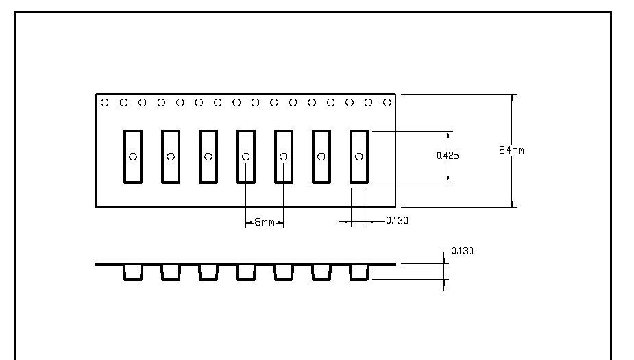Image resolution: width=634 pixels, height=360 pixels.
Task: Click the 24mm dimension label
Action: click(x=511, y=150)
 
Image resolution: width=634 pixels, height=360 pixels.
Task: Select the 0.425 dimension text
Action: click(x=448, y=156)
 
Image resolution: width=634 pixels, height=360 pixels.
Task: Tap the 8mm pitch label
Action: click(x=265, y=222)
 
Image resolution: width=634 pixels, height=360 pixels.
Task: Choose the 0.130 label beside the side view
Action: click(x=461, y=252)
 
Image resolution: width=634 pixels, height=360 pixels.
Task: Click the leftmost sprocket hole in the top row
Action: click(x=105, y=103)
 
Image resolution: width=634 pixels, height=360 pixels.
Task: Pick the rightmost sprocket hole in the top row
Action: click(x=387, y=103)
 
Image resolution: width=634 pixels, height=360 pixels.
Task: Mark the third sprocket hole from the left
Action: click(x=143, y=103)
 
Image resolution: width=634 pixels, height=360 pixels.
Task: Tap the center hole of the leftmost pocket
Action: click(x=133, y=156)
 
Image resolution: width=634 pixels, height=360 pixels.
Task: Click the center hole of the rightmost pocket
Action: click(x=359, y=156)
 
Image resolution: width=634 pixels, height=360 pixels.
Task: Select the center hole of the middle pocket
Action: click(x=246, y=156)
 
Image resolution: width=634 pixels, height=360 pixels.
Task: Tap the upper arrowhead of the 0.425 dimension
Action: click(x=449, y=134)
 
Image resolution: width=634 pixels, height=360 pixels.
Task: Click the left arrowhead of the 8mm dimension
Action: click(x=248, y=222)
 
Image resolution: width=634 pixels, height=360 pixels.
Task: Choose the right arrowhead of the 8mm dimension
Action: click(x=281, y=222)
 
